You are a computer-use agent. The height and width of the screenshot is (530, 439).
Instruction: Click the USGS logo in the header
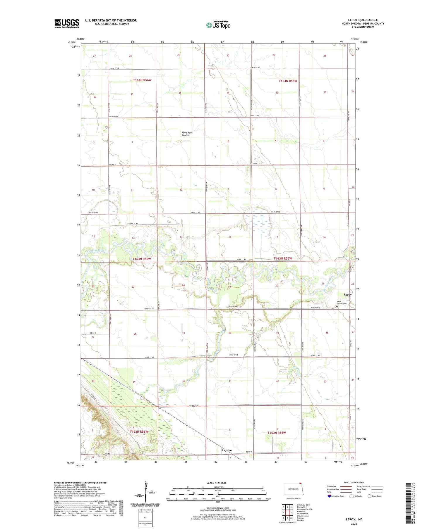pos(67,23)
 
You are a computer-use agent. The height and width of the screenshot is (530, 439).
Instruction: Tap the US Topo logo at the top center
pos(218,25)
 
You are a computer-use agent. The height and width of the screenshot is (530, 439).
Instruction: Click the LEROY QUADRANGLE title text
pos(363,20)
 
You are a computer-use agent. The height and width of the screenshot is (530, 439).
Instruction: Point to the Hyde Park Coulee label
pos(187,134)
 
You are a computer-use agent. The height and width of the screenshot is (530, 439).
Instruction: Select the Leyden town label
pos(227,450)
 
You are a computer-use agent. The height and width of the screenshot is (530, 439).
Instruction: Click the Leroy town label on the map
pos(348,295)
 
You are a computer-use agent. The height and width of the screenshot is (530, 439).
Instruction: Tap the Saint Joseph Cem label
pos(342,303)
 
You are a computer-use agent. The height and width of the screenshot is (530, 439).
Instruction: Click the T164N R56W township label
pos(142,80)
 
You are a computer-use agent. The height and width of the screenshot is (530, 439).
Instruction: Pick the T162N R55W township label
pos(277,433)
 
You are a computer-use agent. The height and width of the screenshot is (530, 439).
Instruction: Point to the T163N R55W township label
pos(283,258)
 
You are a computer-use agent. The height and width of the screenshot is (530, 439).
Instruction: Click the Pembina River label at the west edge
pos(96,251)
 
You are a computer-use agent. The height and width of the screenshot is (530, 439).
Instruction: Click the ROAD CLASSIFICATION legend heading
pos(354,482)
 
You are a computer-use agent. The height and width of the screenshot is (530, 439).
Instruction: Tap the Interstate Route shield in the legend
pos(329,496)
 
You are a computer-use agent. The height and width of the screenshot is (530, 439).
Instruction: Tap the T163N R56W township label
pos(142,259)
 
